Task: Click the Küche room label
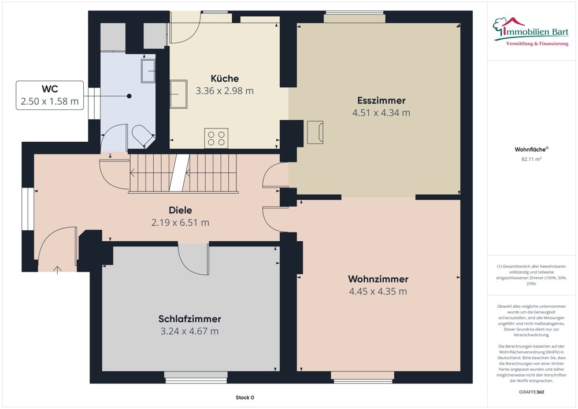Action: (x=224, y=79)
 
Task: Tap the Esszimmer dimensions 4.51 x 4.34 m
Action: (x=381, y=113)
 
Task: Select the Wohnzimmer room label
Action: (x=378, y=279)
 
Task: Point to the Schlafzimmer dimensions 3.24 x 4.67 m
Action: (x=190, y=331)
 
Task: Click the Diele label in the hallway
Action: (x=180, y=210)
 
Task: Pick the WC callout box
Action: (x=49, y=95)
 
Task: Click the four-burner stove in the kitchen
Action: (x=216, y=138)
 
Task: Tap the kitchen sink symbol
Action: (x=179, y=94)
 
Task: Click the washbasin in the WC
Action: (x=149, y=71)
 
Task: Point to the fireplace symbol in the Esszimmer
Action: (x=315, y=131)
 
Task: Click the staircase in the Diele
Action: (x=183, y=172)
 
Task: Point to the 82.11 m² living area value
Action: (x=531, y=159)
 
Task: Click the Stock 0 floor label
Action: (x=244, y=397)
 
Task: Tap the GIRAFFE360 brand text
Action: (x=531, y=392)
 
